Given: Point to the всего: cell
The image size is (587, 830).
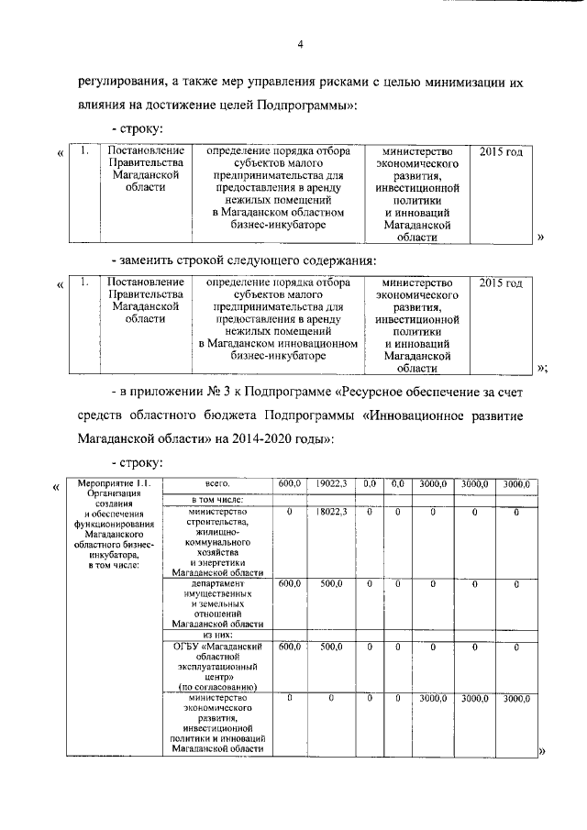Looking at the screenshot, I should click(216, 483).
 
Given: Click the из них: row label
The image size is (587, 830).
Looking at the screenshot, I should click(216, 635).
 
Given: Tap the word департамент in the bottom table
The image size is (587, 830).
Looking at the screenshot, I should click(217, 582).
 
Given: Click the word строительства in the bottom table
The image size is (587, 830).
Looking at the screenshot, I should click(217, 522).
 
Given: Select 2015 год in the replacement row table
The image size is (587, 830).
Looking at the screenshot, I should click(501, 283).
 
